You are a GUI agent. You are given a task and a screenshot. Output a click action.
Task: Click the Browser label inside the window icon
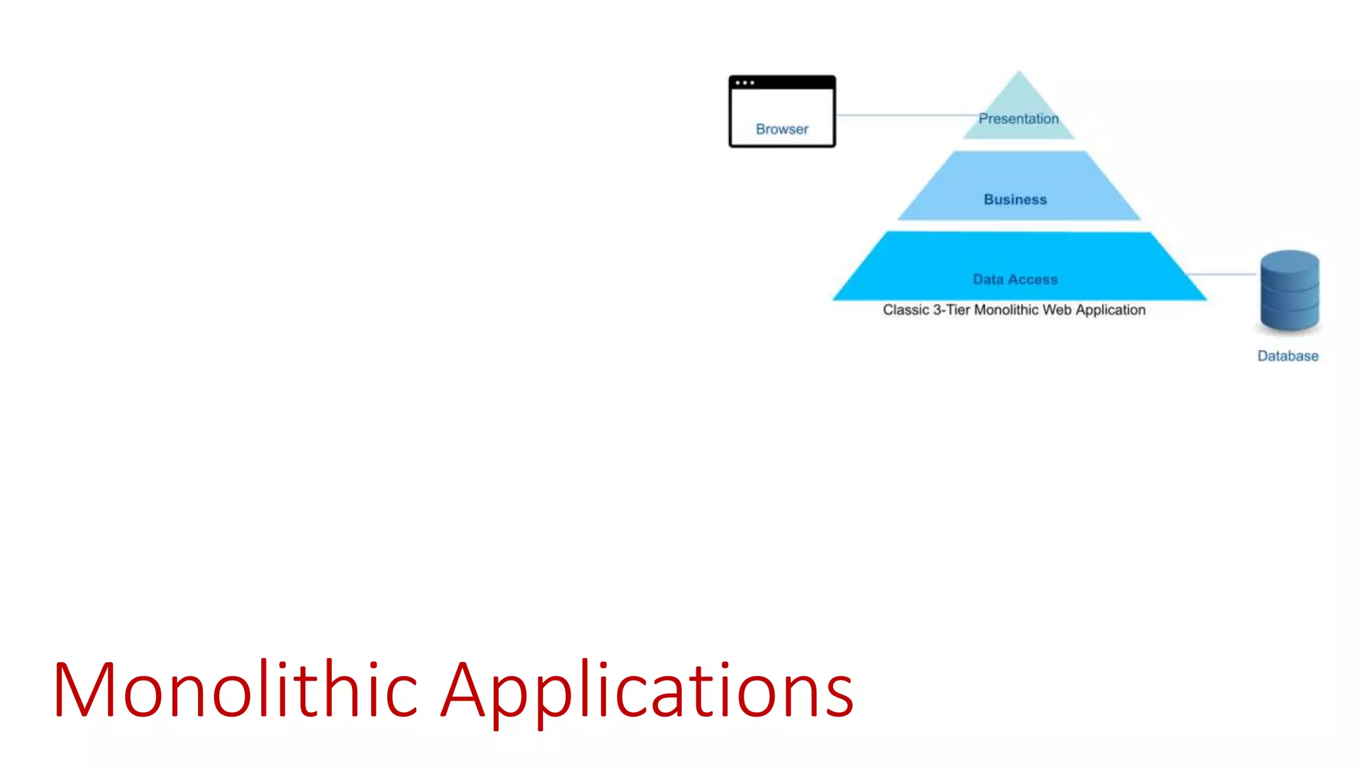coord(782,129)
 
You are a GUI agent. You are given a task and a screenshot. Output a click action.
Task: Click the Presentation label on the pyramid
coord(1018,119)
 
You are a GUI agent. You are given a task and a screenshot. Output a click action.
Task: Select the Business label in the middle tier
coord(1015,199)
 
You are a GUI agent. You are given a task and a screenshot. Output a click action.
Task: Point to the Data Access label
coord(1014,279)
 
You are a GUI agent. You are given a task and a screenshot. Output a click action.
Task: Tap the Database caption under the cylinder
coord(1288,356)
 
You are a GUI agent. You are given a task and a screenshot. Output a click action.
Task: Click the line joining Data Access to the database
coord(1223,274)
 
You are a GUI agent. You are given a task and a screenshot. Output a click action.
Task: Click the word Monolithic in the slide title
coord(235,689)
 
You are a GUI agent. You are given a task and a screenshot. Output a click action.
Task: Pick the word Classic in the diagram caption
coord(906,310)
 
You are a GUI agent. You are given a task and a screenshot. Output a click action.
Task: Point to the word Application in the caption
coord(1110,310)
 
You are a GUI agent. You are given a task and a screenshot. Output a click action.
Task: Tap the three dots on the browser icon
coord(744,83)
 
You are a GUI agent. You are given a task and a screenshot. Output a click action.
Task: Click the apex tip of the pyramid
coord(1018,73)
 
